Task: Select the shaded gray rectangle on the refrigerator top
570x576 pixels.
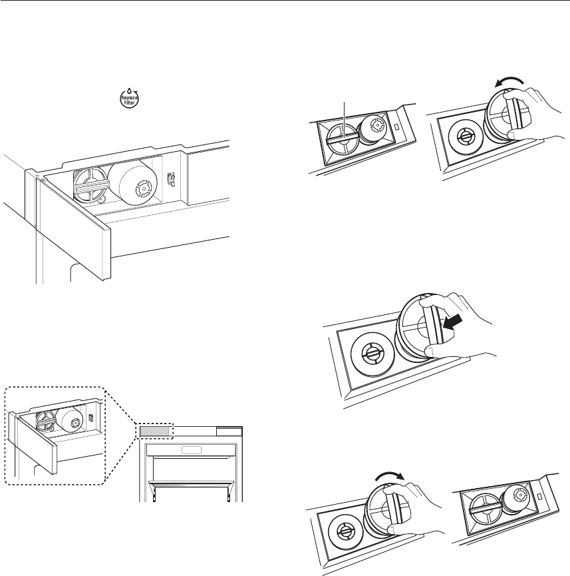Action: coord(155,432)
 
